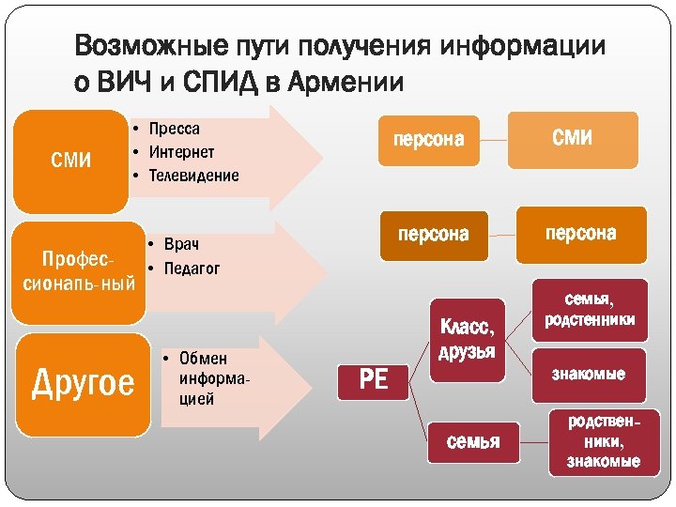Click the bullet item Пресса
tap(174, 129)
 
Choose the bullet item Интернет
tap(181, 152)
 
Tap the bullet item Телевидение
tap(193, 176)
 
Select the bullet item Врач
tap(181, 245)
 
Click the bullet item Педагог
tap(192, 269)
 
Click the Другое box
tap(83, 384)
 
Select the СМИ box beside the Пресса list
tap(70, 161)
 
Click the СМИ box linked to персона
tap(572, 139)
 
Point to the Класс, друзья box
tap(467, 339)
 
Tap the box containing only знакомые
tap(589, 375)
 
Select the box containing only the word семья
tap(472, 440)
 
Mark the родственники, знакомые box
tap(603, 440)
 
